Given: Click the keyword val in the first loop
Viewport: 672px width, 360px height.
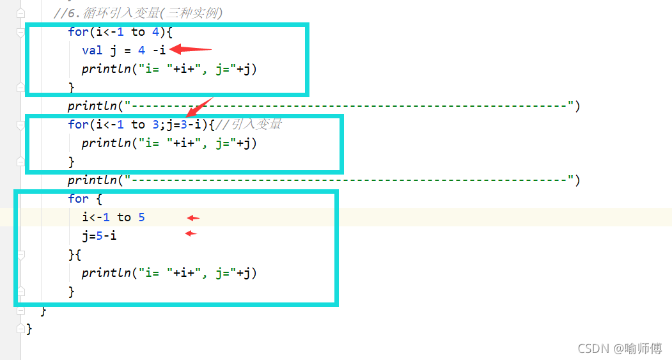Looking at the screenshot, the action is coord(92,51).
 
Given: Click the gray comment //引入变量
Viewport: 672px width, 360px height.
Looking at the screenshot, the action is coord(253,125).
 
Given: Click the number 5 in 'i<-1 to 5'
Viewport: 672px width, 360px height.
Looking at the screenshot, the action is coord(141,217).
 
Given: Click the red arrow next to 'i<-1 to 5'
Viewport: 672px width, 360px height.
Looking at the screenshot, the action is coord(193,218).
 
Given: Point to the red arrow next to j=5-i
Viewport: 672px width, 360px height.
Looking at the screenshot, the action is coord(191,234).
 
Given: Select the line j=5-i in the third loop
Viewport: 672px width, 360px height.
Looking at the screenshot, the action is coord(99,236).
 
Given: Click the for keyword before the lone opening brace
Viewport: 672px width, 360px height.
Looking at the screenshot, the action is coord(78,199).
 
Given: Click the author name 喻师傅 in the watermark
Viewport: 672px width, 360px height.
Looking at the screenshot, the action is coord(644,348).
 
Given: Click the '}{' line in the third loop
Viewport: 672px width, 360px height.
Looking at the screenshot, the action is coord(75,254).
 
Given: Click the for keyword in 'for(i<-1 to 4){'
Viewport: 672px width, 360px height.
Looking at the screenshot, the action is coord(78,31).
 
